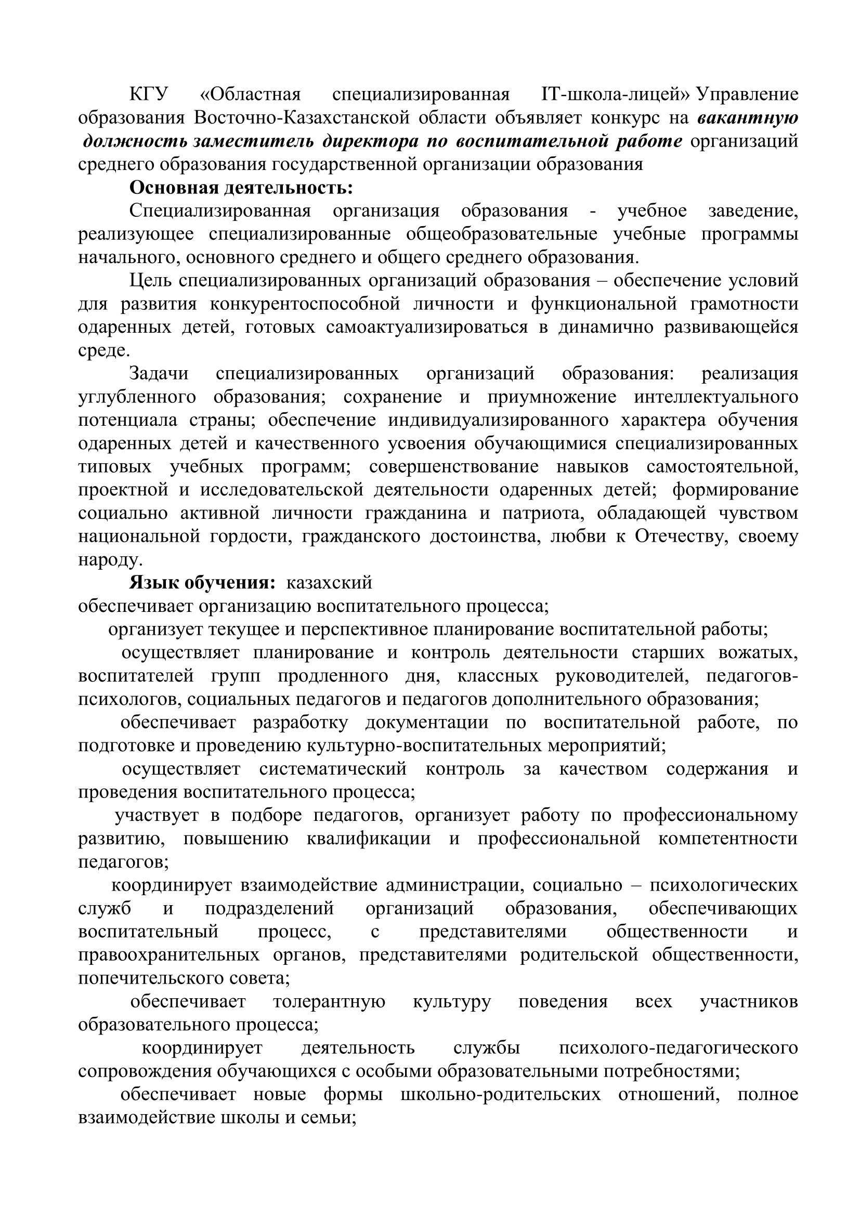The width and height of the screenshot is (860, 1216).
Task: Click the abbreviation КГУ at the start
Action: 148,94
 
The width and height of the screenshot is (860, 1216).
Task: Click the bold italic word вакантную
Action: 747,117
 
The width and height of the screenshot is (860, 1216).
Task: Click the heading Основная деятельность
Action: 241,188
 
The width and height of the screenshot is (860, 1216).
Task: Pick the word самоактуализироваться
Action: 427,328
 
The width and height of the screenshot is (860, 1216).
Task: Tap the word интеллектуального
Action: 715,397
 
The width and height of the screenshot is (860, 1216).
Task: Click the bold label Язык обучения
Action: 202,583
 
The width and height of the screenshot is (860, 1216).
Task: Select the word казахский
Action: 329,583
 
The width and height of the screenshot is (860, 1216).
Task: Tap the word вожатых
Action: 758,653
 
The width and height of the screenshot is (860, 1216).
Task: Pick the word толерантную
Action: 329,1002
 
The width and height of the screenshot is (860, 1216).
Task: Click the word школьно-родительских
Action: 500,1095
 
